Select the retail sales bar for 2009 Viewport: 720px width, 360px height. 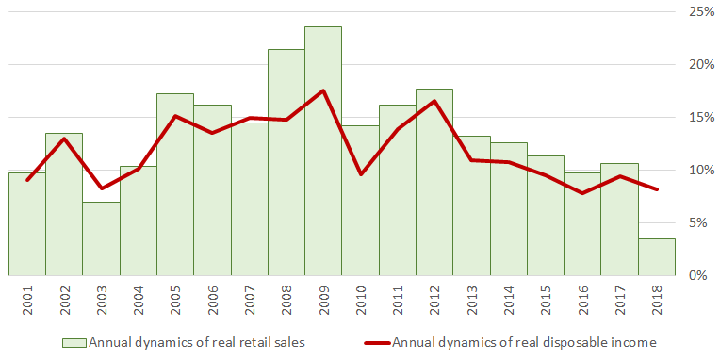[x=323, y=151]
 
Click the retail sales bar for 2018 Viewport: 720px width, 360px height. [x=657, y=257]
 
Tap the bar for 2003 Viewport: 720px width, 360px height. [x=101, y=238]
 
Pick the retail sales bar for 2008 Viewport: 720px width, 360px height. [x=286, y=162]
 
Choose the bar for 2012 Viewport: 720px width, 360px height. [x=434, y=182]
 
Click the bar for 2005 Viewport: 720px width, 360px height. [x=175, y=185]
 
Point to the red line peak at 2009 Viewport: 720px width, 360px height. [x=323, y=90]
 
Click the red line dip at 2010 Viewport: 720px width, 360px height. [x=360, y=174]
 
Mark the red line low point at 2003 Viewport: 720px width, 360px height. [x=101, y=188]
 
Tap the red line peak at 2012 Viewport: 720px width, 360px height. [x=434, y=101]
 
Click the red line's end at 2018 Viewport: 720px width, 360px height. [x=657, y=189]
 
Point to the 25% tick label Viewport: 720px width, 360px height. [x=701, y=11]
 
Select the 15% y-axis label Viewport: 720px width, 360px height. [x=701, y=117]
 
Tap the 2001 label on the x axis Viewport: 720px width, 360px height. [x=27, y=301]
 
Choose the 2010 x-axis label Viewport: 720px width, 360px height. [x=361, y=301]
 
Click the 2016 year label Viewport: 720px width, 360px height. [x=583, y=301]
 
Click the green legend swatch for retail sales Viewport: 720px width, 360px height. [x=74, y=343]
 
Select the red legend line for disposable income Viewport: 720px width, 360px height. [x=378, y=343]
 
